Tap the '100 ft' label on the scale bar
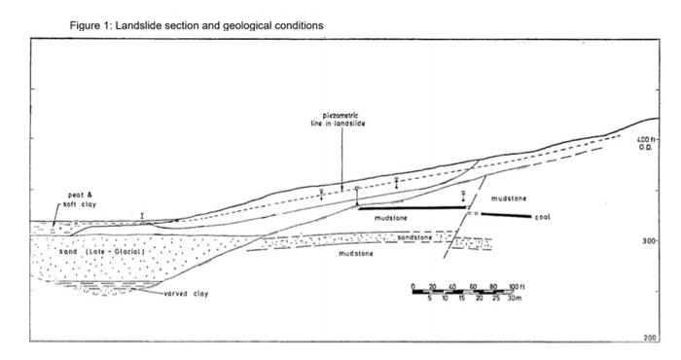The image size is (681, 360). coord(517,285)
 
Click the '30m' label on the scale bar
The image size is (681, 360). coord(517,299)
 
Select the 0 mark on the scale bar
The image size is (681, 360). coord(413,285)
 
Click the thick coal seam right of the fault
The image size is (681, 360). coord(505,215)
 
